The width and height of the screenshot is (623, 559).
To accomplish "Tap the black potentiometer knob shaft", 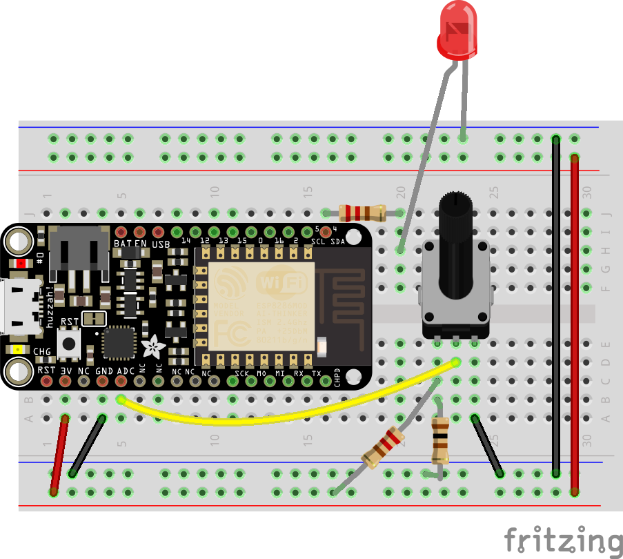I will tap(455, 255).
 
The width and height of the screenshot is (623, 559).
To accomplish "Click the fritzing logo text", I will tap(563, 539).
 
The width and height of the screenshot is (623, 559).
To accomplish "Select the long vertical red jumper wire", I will tap(574, 324).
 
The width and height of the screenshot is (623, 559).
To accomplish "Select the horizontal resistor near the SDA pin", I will tap(362, 212).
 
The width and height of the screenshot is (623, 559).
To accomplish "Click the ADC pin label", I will tap(126, 371).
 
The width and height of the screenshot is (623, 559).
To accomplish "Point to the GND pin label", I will tap(104, 371).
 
